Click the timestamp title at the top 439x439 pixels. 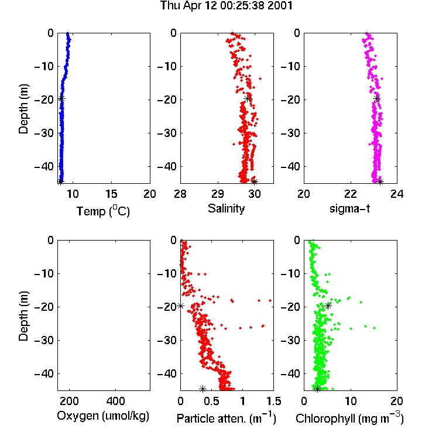pos(226,6)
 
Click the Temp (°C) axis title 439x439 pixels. pos(103,211)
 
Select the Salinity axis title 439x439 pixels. pos(226,208)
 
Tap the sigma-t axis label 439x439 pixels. pos(349,208)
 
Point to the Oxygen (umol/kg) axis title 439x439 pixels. pos(103,416)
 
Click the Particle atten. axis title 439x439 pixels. pos(227,418)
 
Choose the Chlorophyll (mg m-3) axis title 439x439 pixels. pos(349,418)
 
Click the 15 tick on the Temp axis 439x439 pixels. pos(111,194)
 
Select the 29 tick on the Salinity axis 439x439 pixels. pos(218,194)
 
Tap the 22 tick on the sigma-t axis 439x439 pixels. pos(350,194)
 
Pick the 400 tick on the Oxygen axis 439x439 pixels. pos(116,401)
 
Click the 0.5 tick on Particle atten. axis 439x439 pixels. pos(211,401)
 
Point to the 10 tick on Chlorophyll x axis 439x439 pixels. pos(351,401)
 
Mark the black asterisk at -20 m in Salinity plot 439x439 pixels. pos(247,98)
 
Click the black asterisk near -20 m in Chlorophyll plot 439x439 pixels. pos(328,306)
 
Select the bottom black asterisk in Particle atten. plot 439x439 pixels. pos(203,389)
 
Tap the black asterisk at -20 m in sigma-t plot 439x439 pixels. pos(377,98)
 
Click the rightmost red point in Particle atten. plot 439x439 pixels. pos(270,300)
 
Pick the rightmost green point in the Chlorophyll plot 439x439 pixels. pos(375,328)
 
